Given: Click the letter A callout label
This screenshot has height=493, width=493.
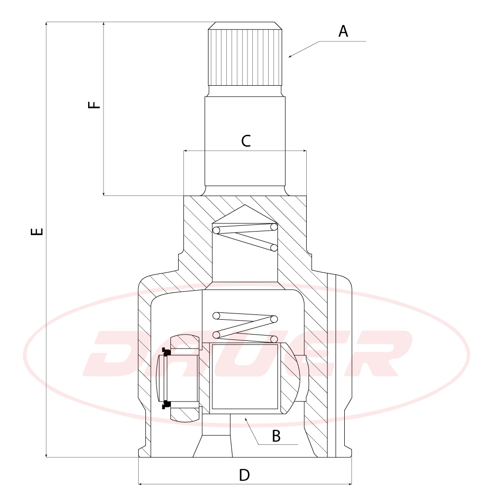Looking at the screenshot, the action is [x=343, y=31].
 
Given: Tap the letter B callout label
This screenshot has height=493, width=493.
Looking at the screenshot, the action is [x=276, y=436].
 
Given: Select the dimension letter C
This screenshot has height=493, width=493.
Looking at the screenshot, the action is [x=246, y=141].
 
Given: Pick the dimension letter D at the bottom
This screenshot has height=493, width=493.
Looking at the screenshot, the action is [x=244, y=475].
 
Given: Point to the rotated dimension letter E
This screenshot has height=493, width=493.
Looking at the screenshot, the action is [x=37, y=232].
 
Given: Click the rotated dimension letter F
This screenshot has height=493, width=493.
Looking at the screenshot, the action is [x=94, y=104].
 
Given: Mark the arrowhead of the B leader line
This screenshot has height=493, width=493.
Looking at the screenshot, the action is [x=246, y=419].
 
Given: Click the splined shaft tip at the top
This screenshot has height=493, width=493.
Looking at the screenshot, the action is [x=245, y=54].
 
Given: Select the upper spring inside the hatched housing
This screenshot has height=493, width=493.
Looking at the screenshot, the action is [x=245, y=237].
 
